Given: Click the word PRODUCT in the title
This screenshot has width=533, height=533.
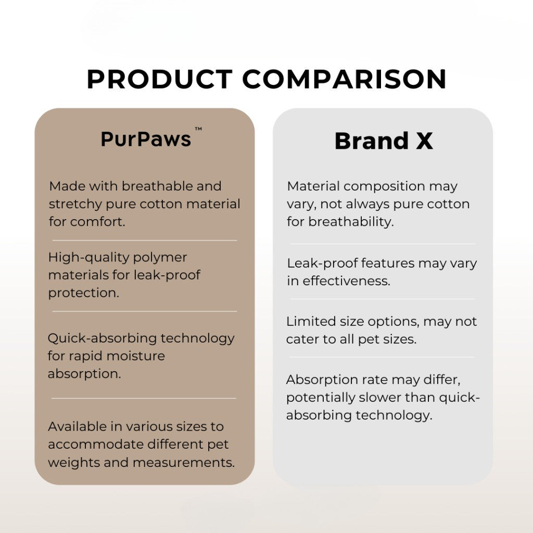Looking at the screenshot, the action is [x=159, y=79].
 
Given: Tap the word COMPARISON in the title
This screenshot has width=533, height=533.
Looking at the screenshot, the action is [x=345, y=79].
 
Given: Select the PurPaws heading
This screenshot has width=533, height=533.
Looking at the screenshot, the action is [x=146, y=139].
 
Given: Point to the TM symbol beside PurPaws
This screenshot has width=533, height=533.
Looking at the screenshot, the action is [x=198, y=129].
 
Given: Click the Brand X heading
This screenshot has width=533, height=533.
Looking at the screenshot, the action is [x=384, y=141].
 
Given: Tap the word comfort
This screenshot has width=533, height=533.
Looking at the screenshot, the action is [x=98, y=222].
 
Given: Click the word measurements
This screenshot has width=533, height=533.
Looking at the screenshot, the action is [x=183, y=462].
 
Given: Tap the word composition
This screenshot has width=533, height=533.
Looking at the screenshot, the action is [x=384, y=187].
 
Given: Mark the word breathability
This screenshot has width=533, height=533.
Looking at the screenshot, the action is [x=351, y=222].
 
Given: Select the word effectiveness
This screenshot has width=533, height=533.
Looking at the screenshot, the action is [x=346, y=281].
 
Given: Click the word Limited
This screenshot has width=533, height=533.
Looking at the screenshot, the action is [x=311, y=321].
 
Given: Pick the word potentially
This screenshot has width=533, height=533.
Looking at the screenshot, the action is [x=321, y=398].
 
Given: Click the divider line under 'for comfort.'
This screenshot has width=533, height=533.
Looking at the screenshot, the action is [x=145, y=240].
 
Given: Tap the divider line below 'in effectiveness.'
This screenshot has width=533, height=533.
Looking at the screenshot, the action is [x=383, y=299].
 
